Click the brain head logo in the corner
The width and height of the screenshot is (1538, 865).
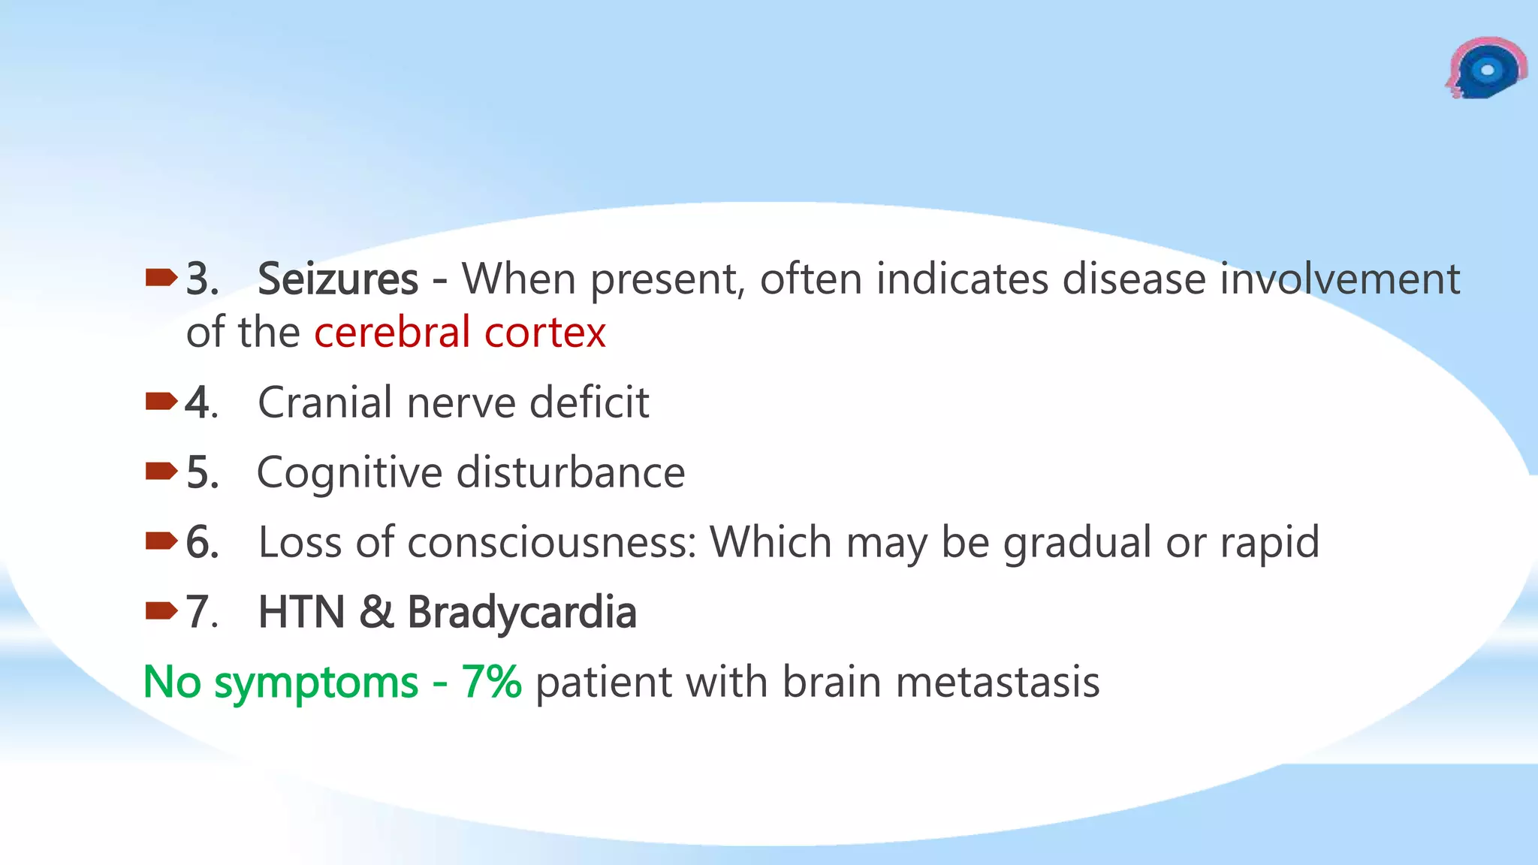click(1485, 69)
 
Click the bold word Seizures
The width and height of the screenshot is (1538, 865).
click(337, 279)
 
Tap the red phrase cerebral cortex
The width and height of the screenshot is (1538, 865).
click(460, 333)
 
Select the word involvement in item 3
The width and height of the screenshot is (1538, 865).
click(1340, 279)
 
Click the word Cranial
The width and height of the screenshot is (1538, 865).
click(324, 402)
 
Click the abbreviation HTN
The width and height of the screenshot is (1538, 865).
click(302, 612)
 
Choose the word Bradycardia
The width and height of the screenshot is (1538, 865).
click(522, 612)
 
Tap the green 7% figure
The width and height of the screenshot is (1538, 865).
click(491, 682)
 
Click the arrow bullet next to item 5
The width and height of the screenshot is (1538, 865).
click(161, 472)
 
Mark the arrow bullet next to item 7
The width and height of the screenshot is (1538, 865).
click(161, 611)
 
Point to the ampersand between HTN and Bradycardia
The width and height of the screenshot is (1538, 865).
click(375, 612)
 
